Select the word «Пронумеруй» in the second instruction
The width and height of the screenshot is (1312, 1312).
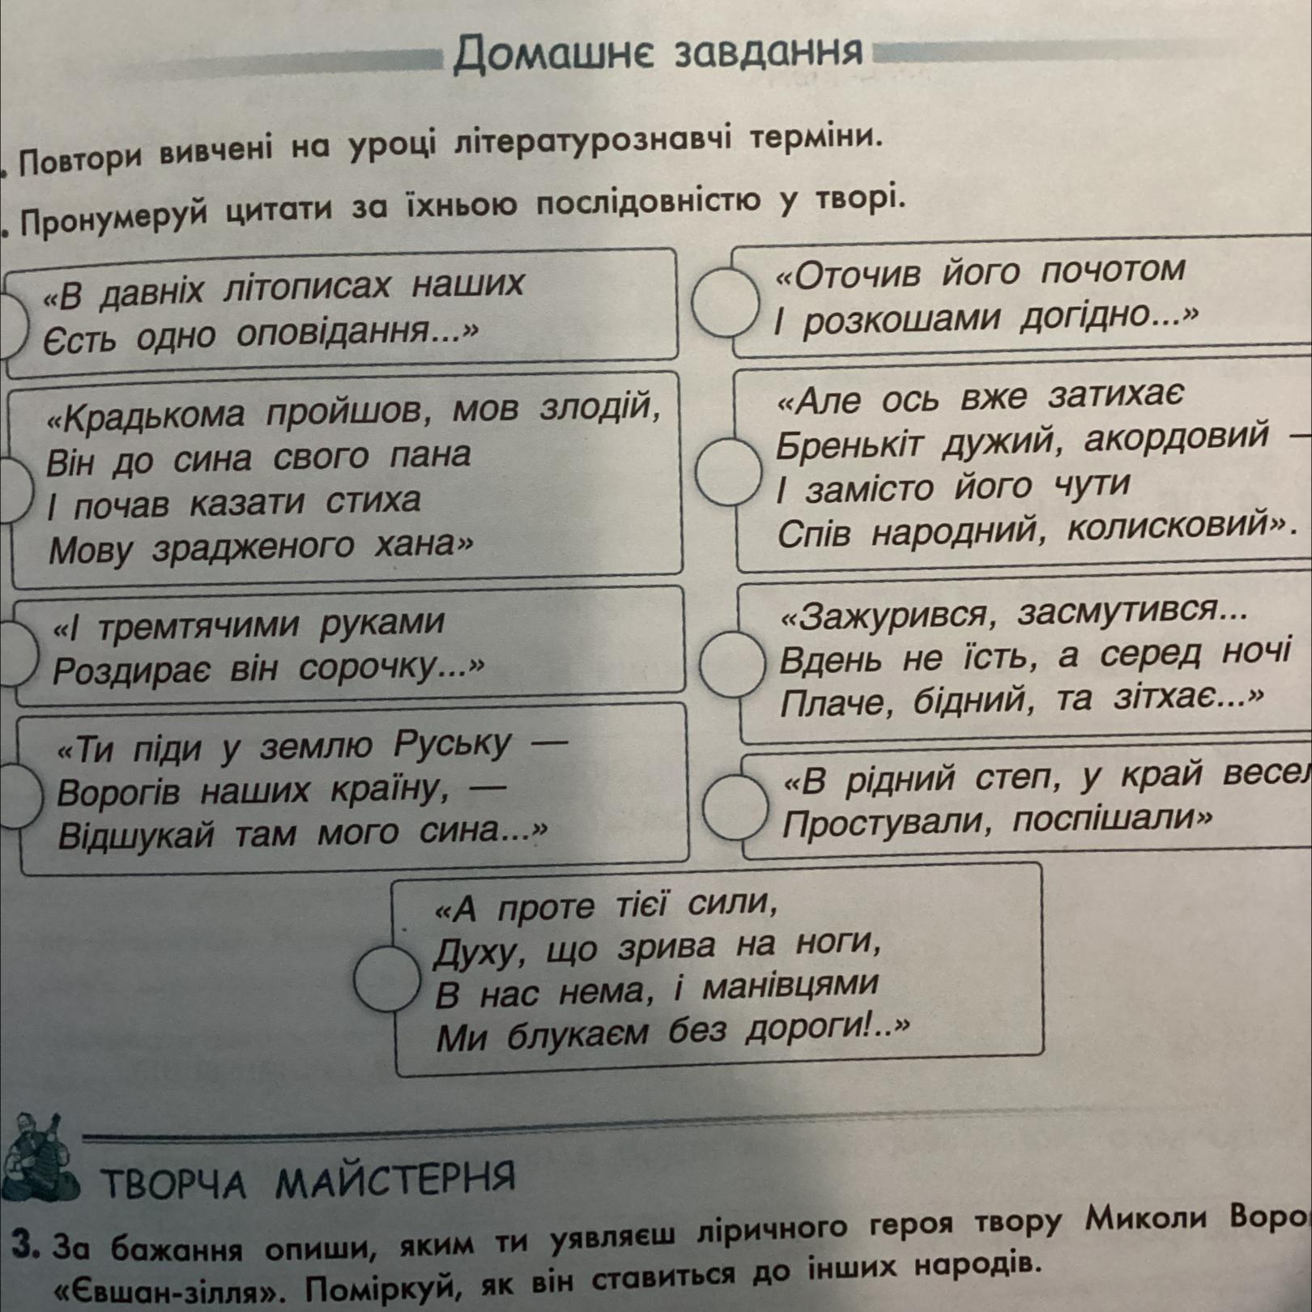[119, 215]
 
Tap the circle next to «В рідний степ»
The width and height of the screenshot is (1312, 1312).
[735, 805]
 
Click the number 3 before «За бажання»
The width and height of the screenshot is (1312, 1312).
[30, 1244]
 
